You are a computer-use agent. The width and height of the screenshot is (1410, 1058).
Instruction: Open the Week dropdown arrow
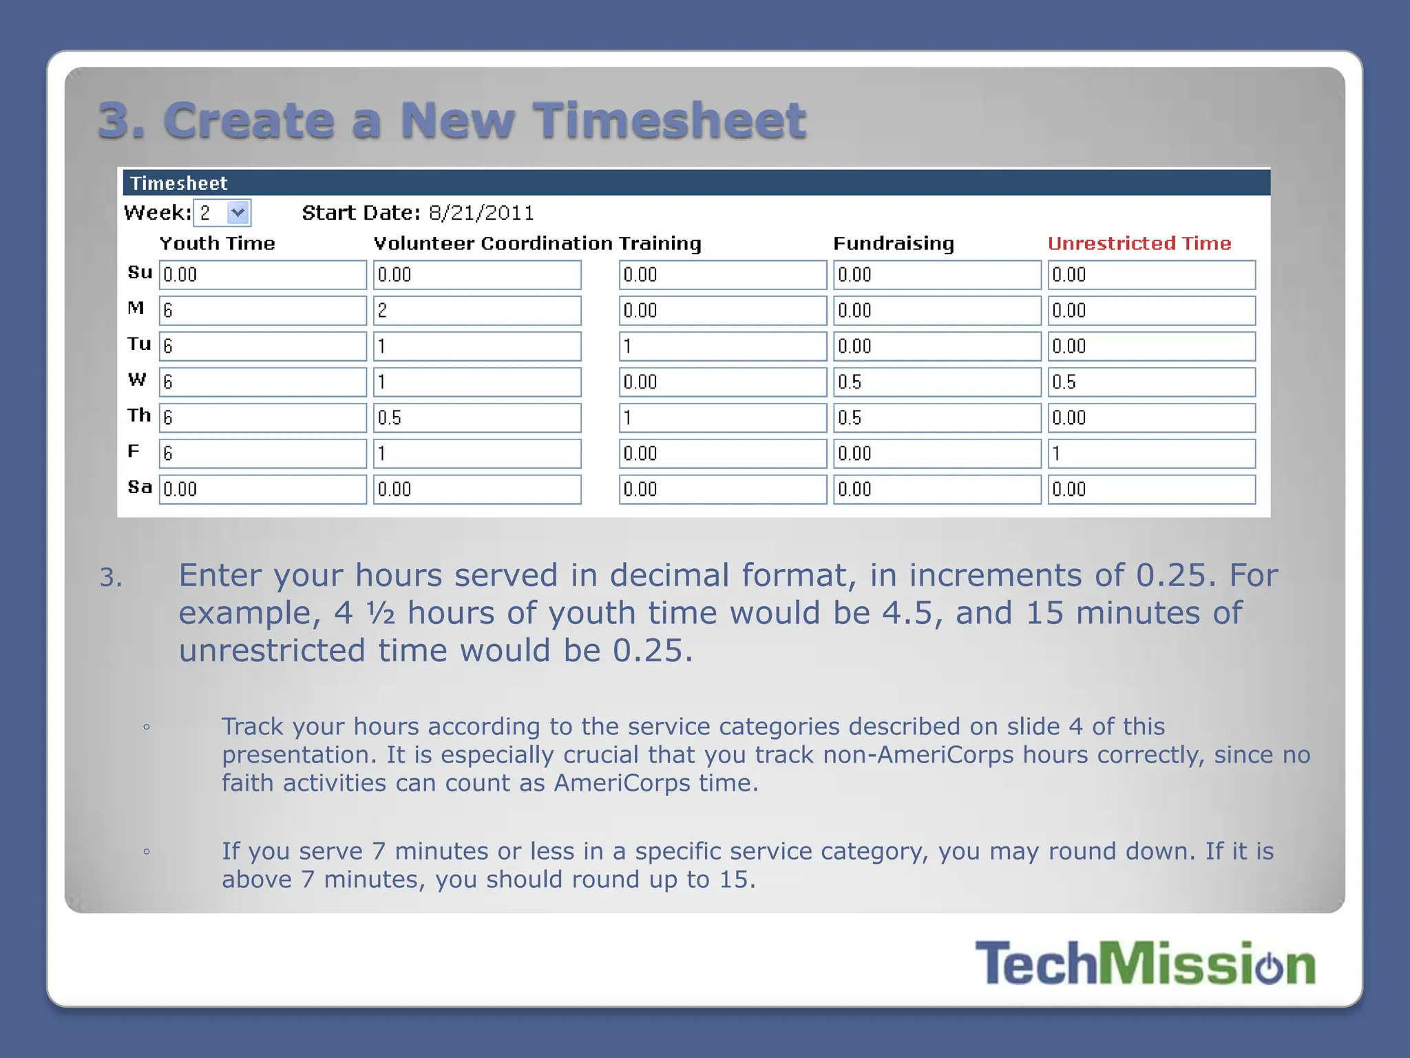(238, 212)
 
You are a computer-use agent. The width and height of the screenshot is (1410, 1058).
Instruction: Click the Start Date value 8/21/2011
(481, 213)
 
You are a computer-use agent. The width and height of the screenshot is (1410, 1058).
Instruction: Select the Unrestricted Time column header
(1139, 243)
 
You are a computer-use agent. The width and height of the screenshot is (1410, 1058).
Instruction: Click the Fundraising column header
(894, 243)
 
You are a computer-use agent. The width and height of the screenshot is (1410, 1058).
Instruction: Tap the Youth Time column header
(218, 243)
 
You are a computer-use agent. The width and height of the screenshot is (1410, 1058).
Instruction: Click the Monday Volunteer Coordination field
(477, 311)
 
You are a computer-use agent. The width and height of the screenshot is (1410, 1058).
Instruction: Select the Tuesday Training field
(723, 346)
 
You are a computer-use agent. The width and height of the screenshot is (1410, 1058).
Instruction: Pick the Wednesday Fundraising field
(937, 382)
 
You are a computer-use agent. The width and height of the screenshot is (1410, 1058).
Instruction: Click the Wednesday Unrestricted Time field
(1151, 382)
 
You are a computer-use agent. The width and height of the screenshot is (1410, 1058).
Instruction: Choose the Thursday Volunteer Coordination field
(477, 418)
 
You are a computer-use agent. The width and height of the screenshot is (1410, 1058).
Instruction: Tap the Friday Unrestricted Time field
(1151, 454)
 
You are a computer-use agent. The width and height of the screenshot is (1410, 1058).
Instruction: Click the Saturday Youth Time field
(263, 490)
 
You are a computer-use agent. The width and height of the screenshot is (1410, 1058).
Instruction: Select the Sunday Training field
(723, 275)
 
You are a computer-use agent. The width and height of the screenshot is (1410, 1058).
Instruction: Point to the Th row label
(139, 415)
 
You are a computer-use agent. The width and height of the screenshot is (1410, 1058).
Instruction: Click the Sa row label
(140, 487)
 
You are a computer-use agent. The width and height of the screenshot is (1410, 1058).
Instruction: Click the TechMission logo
(1145, 963)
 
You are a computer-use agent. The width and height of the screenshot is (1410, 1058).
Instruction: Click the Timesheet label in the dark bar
(179, 183)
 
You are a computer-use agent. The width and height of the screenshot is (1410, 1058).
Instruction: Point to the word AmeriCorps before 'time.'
(622, 783)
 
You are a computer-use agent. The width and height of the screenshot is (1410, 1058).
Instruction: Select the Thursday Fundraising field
(937, 418)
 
